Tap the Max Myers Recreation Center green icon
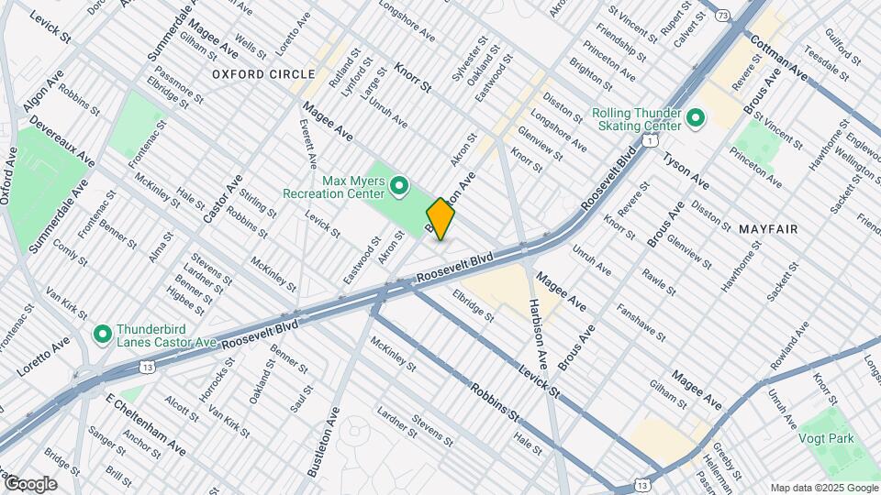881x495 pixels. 399,187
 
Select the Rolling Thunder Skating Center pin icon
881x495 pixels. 695,119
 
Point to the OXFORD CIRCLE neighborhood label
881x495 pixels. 262,73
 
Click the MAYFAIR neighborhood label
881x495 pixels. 766,228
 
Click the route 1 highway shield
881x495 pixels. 649,140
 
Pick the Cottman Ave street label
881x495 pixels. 779,58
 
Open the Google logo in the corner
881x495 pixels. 29,484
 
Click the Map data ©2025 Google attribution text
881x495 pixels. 822,488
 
